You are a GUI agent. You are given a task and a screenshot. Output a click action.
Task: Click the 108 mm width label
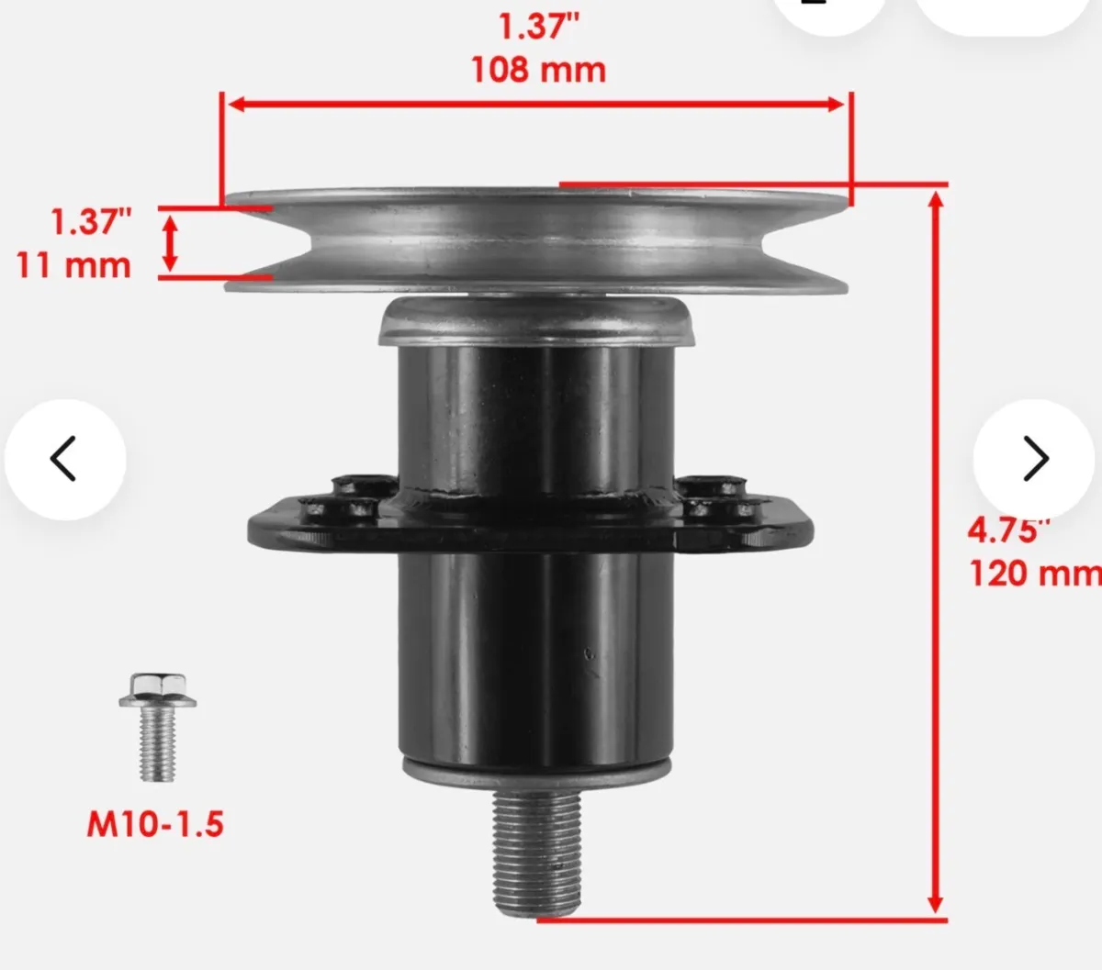click(538, 70)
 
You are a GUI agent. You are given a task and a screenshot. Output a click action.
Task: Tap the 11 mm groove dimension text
click(73, 265)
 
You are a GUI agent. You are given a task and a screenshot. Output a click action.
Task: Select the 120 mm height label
click(1033, 574)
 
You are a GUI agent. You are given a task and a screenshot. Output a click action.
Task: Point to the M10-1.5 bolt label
click(155, 824)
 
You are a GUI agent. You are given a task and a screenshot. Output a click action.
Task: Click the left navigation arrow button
click(64, 459)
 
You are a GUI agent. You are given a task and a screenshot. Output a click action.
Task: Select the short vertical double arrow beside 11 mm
click(170, 242)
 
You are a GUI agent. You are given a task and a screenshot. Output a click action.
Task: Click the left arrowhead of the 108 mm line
click(235, 104)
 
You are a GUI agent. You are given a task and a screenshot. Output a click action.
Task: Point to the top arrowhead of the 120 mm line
click(936, 199)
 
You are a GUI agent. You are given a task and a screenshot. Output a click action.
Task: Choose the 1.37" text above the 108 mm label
click(538, 26)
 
